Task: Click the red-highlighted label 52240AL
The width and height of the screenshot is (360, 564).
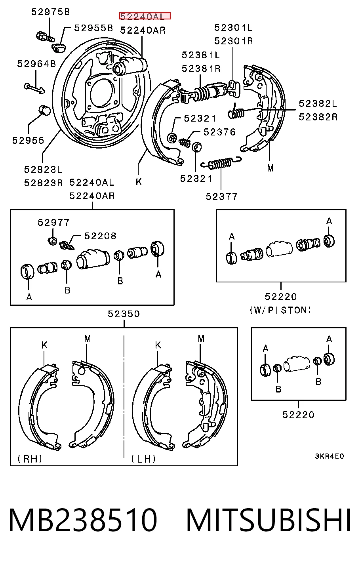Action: (145, 16)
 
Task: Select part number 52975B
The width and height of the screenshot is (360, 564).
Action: (50, 12)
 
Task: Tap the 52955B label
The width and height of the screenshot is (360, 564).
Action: (93, 28)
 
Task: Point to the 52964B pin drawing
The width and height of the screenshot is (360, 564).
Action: (34, 88)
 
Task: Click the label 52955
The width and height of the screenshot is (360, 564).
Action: (28, 140)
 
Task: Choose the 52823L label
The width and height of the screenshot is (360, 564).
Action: (43, 170)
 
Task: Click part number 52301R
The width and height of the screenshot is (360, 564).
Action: (234, 41)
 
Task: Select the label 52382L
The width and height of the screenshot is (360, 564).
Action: (318, 103)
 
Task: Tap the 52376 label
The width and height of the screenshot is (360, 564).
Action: (219, 132)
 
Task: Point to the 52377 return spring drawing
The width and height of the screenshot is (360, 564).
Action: (221, 163)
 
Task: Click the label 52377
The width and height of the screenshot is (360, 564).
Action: (221, 196)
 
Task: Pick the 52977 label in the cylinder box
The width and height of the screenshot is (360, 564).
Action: (53, 222)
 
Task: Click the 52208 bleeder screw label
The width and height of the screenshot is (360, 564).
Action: (100, 236)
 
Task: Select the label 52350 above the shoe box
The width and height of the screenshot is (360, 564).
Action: (124, 314)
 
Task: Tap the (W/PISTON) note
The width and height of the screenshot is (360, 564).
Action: (280, 310)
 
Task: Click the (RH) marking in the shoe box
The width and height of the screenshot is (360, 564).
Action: (30, 459)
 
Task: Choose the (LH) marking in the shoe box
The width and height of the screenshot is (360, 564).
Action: (143, 459)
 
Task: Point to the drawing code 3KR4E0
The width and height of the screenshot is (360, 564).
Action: (330, 456)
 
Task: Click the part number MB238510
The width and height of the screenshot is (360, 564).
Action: (83, 520)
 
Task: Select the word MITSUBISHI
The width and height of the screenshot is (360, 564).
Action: (269, 520)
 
